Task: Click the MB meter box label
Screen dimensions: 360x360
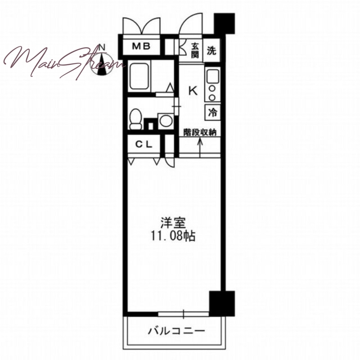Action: pyautogui.click(x=141, y=46)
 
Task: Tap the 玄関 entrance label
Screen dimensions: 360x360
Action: pyautogui.click(x=195, y=50)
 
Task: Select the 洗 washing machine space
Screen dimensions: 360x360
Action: pyautogui.click(x=211, y=50)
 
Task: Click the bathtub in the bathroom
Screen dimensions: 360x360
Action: pyautogui.click(x=139, y=76)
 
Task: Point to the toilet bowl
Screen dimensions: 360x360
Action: pyautogui.click(x=135, y=119)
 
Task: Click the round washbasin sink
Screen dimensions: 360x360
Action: pyautogui.click(x=166, y=121)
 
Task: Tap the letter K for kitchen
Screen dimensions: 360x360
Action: pyautogui.click(x=193, y=91)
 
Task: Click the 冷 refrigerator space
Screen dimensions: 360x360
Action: pyautogui.click(x=212, y=112)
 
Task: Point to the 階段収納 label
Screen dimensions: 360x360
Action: pyautogui.click(x=200, y=132)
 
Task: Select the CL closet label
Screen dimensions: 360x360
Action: pyautogui.click(x=144, y=144)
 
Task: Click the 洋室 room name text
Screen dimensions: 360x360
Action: pyautogui.click(x=173, y=222)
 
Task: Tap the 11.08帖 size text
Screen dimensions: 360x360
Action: pyautogui.click(x=173, y=235)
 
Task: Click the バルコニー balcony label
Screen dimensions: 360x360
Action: pyautogui.click(x=176, y=331)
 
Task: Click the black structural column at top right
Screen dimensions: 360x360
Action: pyautogui.click(x=224, y=23)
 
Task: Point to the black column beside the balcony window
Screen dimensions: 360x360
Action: pyautogui.click(x=222, y=303)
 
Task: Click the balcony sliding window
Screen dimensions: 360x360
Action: pyautogui.click(x=184, y=314)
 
